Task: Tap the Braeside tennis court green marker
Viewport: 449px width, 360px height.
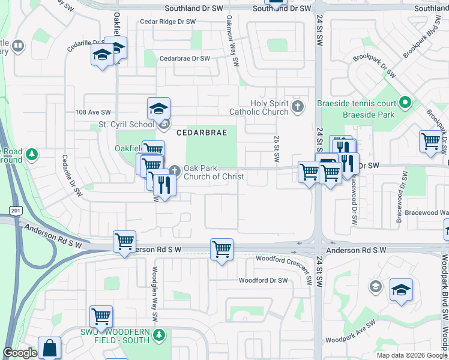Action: click(405, 103)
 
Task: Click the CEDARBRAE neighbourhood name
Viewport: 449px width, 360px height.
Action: click(202, 133)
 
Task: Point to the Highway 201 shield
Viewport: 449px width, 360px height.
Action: click(15, 210)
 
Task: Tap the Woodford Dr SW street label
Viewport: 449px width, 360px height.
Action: click(264, 280)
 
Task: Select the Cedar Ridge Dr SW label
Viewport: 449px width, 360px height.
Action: click(167, 22)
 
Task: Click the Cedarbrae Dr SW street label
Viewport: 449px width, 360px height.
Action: click(184, 59)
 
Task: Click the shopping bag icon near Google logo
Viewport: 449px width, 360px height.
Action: click(49, 347)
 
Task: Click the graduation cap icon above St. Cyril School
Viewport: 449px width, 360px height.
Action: click(158, 109)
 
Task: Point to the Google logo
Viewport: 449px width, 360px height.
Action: click(20, 353)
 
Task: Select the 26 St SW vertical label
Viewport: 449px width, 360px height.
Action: click(277, 149)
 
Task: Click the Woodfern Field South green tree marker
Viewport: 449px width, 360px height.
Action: click(158, 334)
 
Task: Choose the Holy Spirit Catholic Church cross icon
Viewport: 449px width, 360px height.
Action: click(297, 107)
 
